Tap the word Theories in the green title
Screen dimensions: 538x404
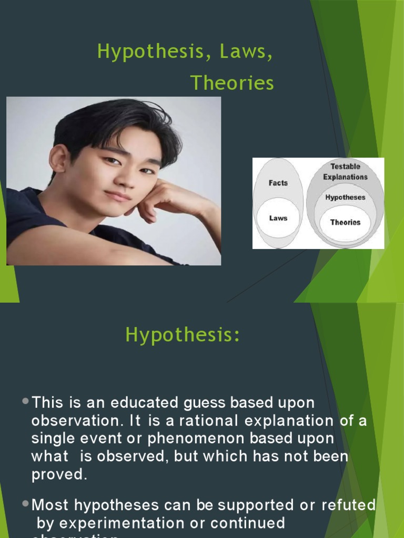(x=231, y=83)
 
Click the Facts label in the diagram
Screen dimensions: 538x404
(x=278, y=183)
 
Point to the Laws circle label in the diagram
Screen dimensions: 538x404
(x=278, y=218)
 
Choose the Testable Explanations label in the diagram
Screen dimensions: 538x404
(x=345, y=172)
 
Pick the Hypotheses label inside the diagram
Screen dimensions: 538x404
(x=345, y=198)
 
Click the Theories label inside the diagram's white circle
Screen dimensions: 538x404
(x=345, y=222)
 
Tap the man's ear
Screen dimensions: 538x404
(x=59, y=158)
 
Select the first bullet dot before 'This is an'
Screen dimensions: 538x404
(x=27, y=401)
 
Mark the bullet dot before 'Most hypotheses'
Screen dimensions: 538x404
(x=27, y=503)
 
